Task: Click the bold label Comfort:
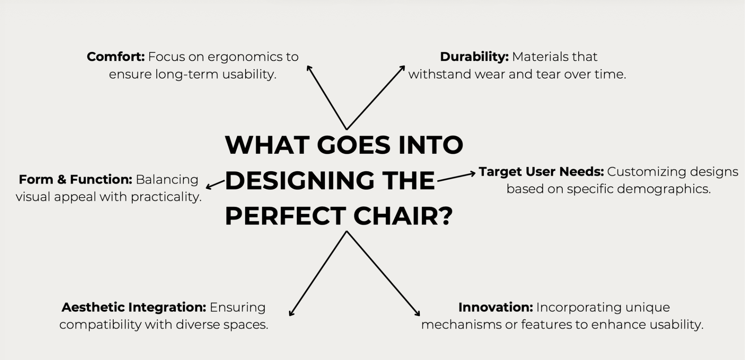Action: click(116, 56)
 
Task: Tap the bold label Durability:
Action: click(474, 57)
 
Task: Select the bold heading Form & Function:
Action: click(76, 179)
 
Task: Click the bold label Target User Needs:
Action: click(541, 172)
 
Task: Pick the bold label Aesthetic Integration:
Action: click(134, 307)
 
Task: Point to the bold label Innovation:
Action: click(495, 307)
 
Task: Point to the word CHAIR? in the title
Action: click(403, 216)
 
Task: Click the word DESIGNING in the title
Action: click(299, 181)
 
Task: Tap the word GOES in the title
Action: click(353, 145)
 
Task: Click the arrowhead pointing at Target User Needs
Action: click(472, 174)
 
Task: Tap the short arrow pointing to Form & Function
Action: click(215, 184)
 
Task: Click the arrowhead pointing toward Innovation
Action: click(417, 313)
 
